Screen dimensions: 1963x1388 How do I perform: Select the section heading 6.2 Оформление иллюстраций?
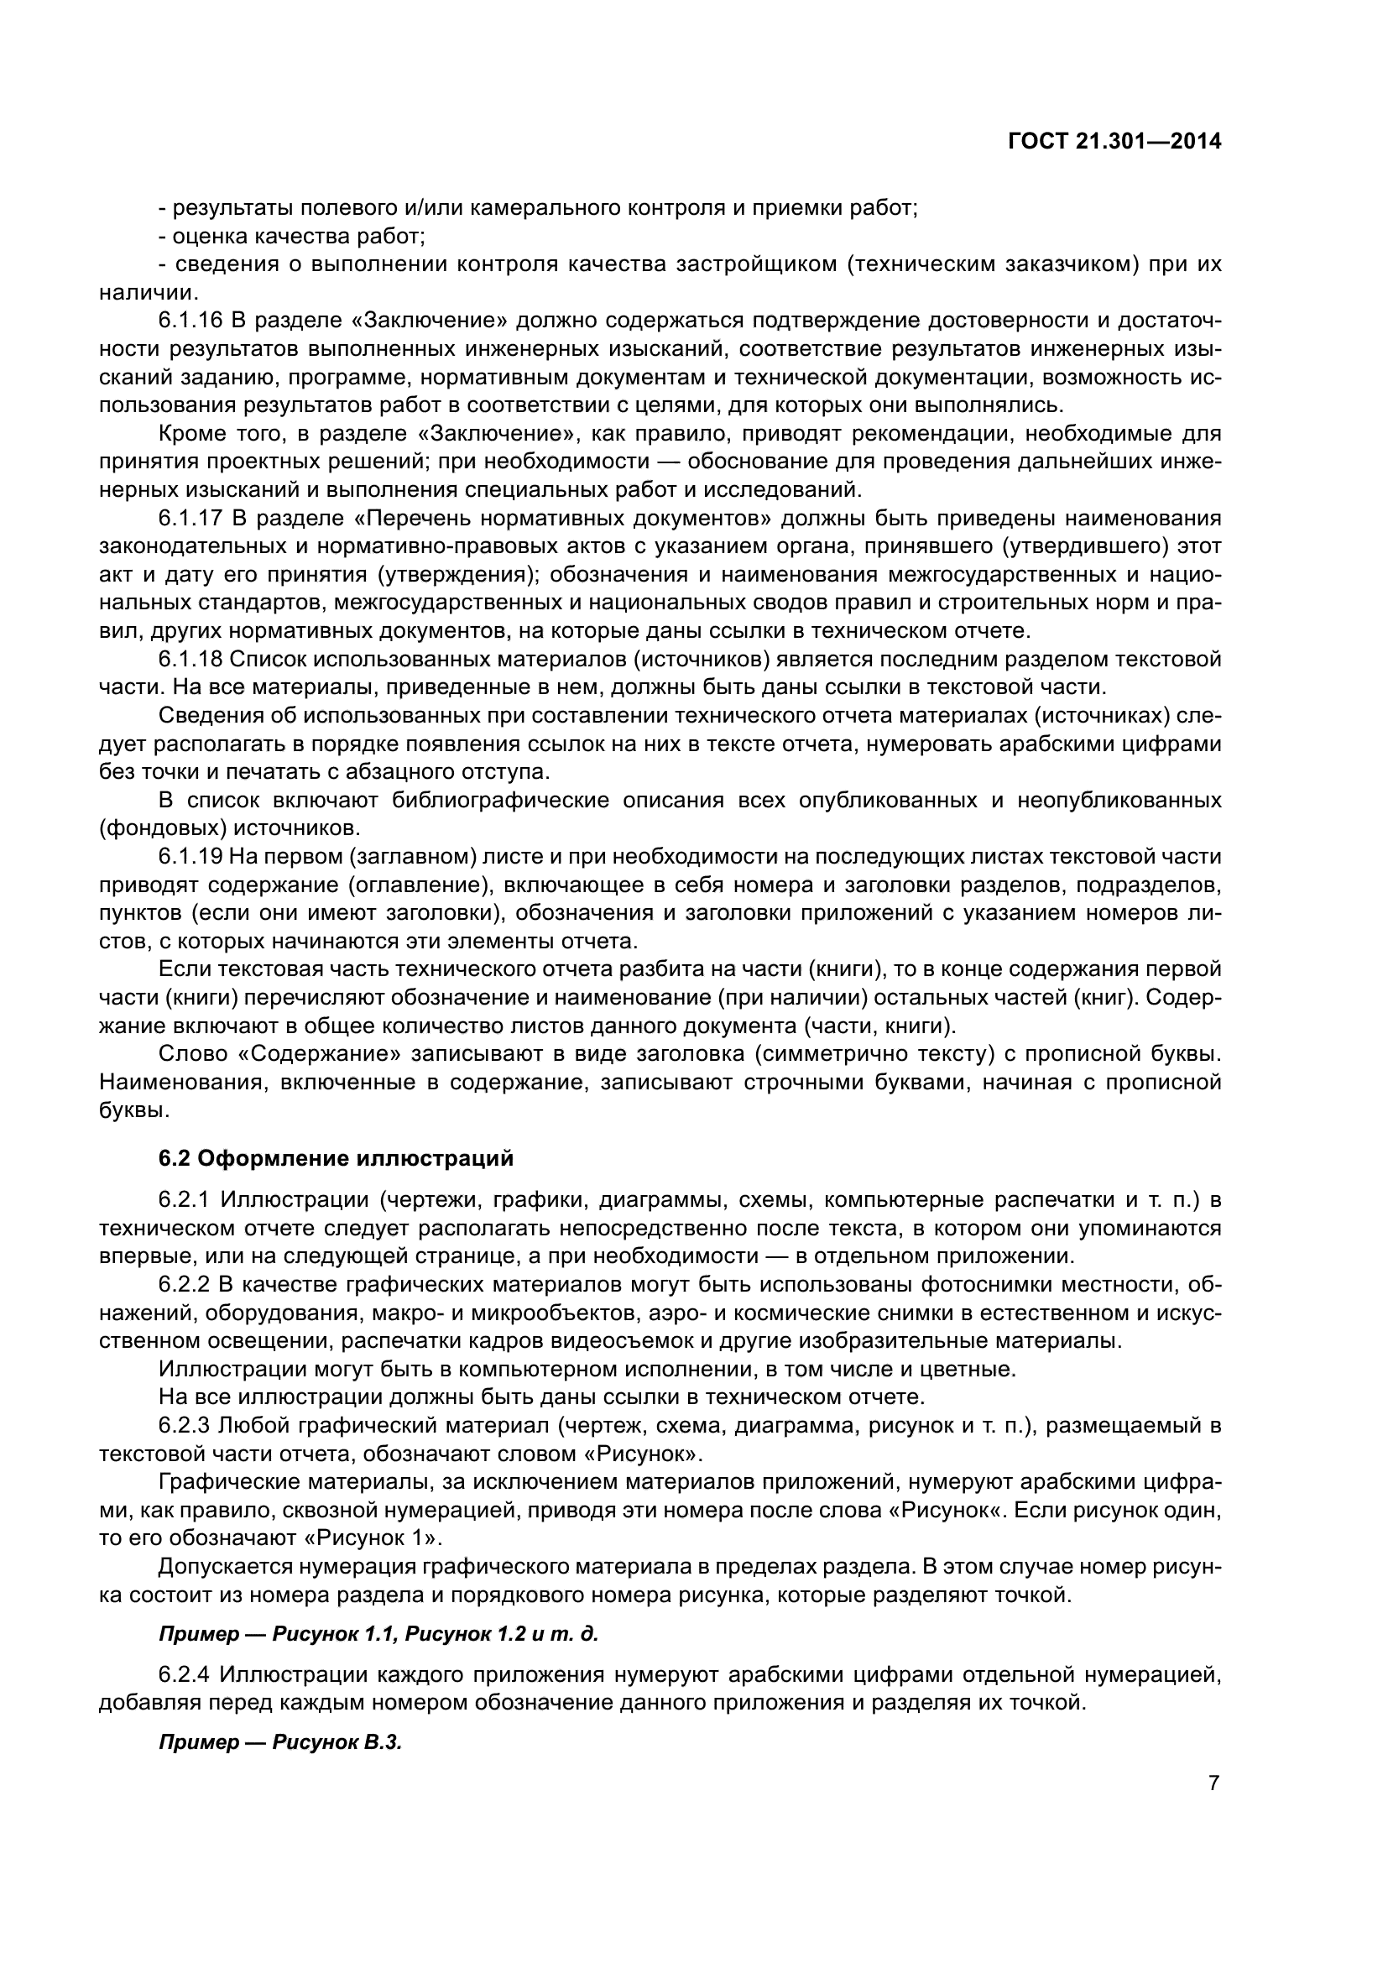click(336, 1158)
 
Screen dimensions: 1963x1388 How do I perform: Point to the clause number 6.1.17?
click(190, 518)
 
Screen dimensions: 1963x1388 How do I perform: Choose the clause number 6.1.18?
click(190, 659)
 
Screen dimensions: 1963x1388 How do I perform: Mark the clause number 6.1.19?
click(190, 857)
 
